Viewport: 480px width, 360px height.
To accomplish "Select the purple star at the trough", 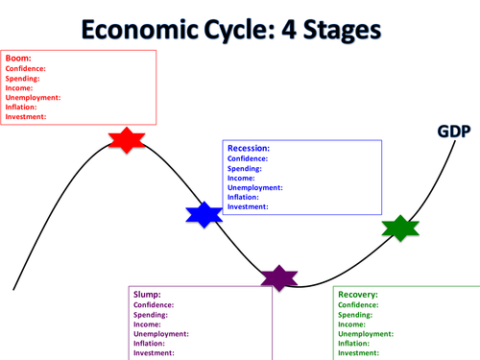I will click(279, 277).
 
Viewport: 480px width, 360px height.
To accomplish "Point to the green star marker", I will click(400, 228).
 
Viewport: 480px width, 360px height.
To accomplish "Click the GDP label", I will click(453, 132).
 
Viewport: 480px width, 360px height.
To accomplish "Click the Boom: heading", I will click(20, 59).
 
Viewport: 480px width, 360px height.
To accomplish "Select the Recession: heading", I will click(249, 149).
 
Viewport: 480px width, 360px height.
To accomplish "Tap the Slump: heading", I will click(147, 295).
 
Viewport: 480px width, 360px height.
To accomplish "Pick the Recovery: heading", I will click(358, 295).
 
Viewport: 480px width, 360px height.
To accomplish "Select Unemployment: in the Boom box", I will click(33, 97).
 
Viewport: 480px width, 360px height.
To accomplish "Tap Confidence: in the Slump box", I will click(156, 305).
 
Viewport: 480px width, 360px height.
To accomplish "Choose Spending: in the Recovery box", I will click(356, 315).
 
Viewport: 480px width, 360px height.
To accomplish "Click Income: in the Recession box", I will click(242, 178).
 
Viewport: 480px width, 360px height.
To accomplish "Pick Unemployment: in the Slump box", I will click(160, 334).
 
